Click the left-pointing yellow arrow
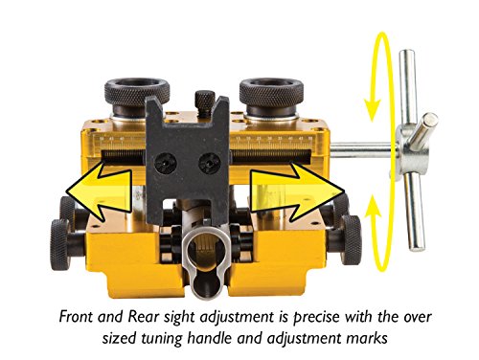(99, 191)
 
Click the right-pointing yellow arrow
(297, 191)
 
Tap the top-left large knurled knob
(137, 92)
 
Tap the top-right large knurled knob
(271, 92)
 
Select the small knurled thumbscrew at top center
(205, 100)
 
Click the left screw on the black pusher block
(166, 164)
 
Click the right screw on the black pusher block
(210, 164)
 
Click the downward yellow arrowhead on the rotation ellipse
(373, 109)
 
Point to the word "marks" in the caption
(369, 338)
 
